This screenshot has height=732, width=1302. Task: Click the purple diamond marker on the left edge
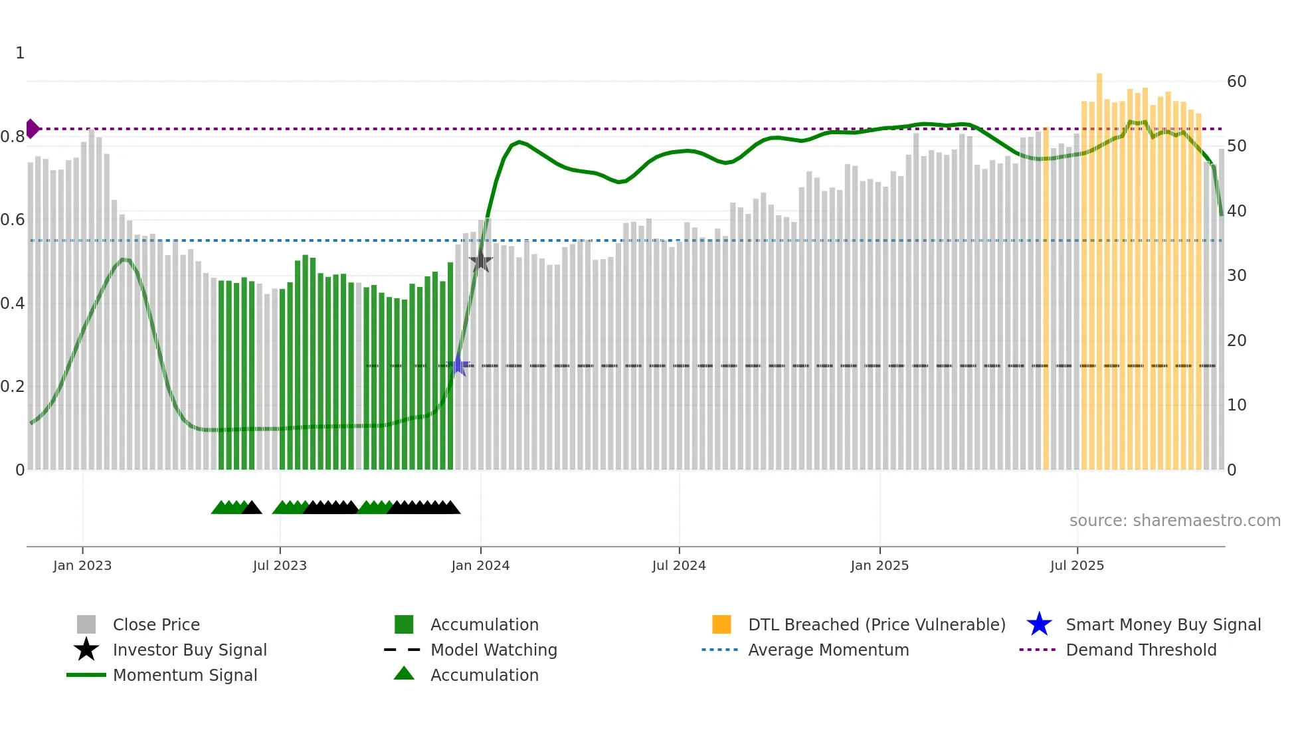click(x=32, y=129)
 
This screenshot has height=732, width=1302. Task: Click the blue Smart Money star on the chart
click(x=458, y=365)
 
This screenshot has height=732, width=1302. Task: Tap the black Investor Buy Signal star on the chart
click(x=481, y=261)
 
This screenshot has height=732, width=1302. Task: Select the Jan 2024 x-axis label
click(x=480, y=565)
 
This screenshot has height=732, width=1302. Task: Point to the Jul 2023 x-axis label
click(x=280, y=565)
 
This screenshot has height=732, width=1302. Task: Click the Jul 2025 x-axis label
click(x=1077, y=565)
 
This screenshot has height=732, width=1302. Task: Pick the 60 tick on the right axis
click(x=1236, y=82)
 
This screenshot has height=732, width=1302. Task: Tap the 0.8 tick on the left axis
click(x=12, y=137)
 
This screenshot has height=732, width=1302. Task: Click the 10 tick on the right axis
click(x=1236, y=405)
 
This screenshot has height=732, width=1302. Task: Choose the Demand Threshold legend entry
click(x=1141, y=650)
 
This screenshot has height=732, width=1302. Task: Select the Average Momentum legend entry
click(x=828, y=650)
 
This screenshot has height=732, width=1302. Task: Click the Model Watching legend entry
click(x=493, y=650)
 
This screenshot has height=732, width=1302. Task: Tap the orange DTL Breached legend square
click(x=721, y=624)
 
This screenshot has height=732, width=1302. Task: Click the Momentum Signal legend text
click(x=185, y=675)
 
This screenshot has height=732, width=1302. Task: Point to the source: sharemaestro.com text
click(x=1174, y=521)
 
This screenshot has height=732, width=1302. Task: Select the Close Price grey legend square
click(x=86, y=624)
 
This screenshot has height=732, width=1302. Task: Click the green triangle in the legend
click(x=404, y=674)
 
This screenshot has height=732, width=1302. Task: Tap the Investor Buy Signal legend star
click(x=86, y=650)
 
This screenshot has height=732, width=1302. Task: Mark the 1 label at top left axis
click(x=20, y=53)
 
